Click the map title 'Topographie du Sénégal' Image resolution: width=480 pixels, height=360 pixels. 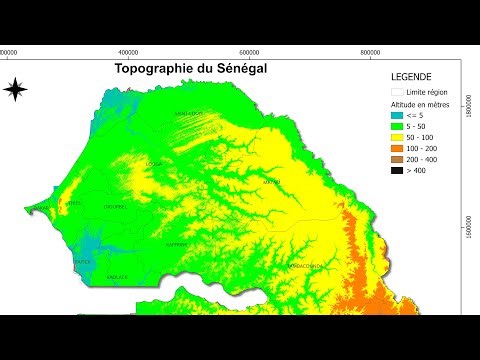coord(186,69)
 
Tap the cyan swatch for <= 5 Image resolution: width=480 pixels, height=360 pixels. coord(397,115)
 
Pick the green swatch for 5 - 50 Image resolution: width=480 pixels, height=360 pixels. coord(397,126)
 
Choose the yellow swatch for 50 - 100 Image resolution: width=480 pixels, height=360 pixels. coord(397,137)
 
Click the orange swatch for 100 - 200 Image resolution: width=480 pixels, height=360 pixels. coord(397,148)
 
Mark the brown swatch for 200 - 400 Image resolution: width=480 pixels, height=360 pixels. coord(397,159)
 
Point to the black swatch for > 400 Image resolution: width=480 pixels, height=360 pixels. coord(397,170)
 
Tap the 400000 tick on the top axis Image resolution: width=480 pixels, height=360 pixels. coord(128,52)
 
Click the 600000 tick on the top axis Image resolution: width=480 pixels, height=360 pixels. coord(248,52)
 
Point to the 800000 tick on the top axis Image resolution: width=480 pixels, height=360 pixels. coord(368,52)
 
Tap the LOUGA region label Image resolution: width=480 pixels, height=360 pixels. coord(153,162)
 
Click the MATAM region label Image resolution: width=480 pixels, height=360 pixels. coord(271,183)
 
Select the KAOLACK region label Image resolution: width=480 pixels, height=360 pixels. coord(118,276)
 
